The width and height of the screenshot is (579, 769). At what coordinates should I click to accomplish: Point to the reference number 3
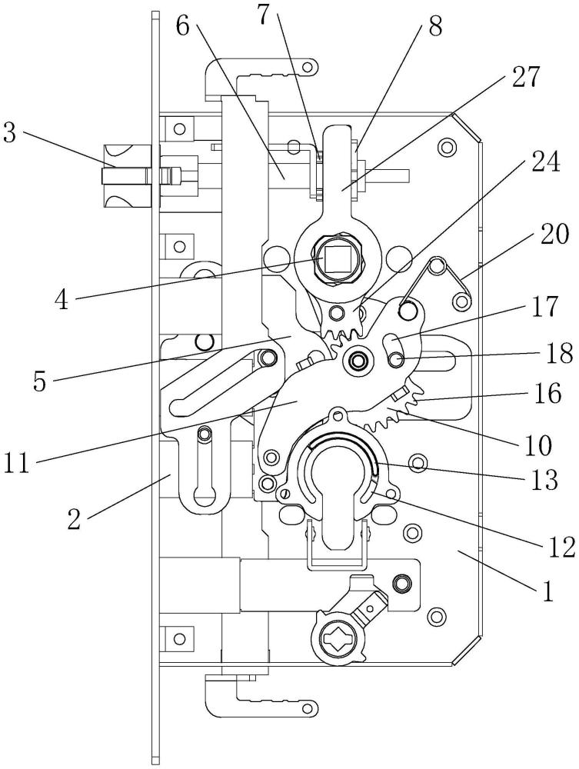[x=10, y=132]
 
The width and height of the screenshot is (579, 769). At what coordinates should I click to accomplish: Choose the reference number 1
[x=547, y=591]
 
